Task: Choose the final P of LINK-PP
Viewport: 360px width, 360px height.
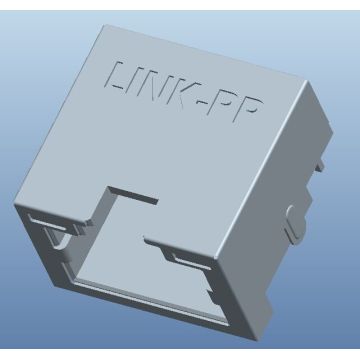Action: tap(247, 111)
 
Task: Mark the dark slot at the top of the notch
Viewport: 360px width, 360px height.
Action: tap(133, 195)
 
